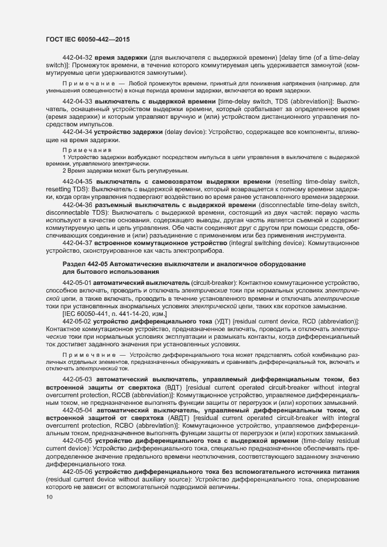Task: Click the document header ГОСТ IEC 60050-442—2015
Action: [87, 39]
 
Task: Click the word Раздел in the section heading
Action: [73, 264]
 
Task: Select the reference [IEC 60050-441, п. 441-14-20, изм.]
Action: [115, 314]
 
